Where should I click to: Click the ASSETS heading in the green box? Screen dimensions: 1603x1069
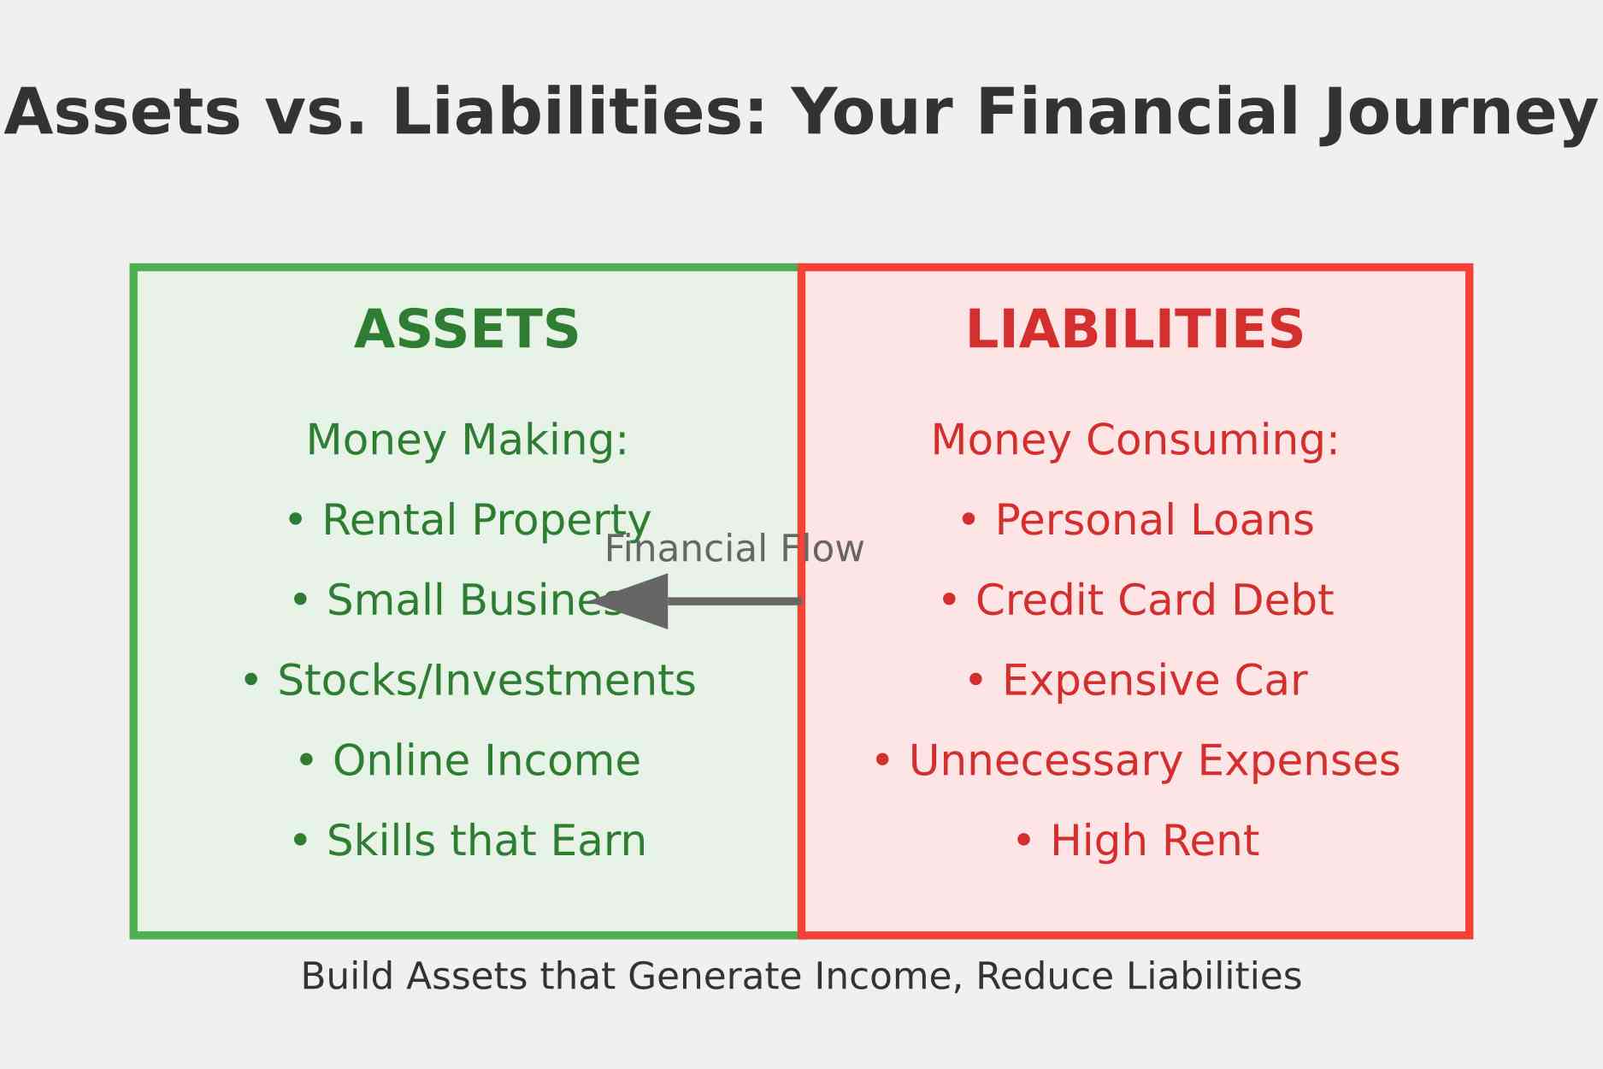coord(467,330)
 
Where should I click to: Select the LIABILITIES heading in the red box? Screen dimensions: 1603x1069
coord(1134,330)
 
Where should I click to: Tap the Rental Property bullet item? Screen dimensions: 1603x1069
coord(468,521)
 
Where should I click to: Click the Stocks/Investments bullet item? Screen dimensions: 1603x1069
coord(468,681)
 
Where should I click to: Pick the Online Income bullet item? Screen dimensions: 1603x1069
coord(468,760)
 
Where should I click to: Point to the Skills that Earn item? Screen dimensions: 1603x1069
coord(468,841)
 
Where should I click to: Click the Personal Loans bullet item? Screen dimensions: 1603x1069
coord(1135,520)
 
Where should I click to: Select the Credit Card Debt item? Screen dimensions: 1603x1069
coord(1135,600)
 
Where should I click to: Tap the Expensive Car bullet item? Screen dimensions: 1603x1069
coord(1135,682)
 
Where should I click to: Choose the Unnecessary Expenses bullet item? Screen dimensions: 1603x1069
coord(1135,761)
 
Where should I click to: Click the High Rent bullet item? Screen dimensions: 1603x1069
coord(1135,841)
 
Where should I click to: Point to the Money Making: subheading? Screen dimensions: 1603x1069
coord(467,440)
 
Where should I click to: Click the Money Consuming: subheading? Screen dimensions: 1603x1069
coord(1134,440)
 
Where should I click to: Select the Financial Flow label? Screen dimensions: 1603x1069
coord(734,548)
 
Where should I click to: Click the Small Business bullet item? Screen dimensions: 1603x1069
coord(458,600)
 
